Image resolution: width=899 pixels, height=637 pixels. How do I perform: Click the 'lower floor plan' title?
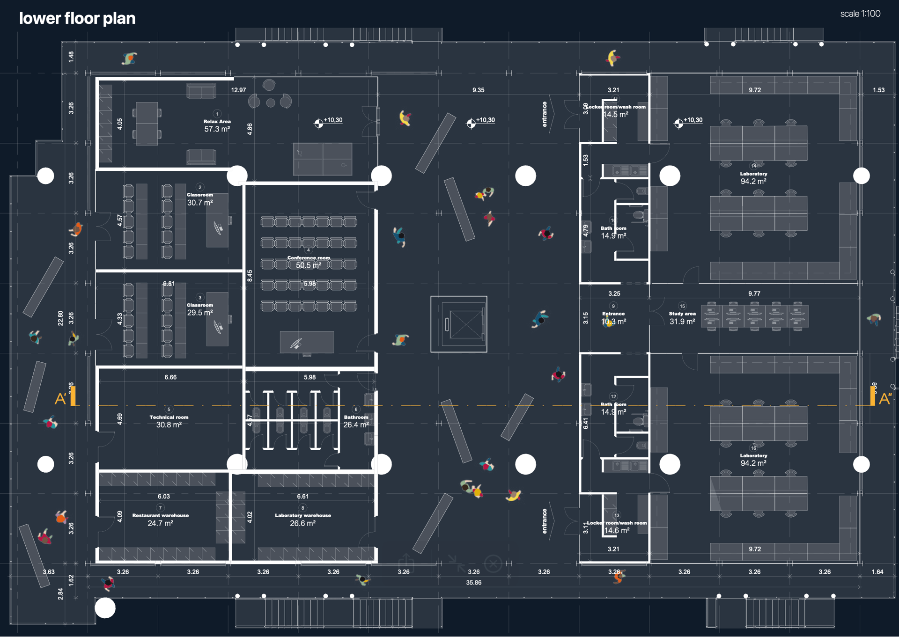77,18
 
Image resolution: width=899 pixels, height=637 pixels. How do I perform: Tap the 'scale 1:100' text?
860,14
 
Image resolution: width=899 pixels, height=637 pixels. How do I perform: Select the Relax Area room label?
217,125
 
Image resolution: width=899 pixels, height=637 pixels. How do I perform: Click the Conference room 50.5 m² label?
309,262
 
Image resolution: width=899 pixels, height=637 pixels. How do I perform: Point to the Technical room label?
169,421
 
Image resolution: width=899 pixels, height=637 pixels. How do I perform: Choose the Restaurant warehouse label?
160,519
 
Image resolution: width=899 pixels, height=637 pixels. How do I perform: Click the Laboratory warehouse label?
302,519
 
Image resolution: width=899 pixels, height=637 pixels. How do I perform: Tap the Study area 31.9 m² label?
682,318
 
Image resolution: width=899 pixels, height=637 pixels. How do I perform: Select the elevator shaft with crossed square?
459,324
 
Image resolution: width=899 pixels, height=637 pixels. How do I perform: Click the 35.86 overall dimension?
473,582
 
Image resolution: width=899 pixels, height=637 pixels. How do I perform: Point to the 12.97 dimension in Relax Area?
238,90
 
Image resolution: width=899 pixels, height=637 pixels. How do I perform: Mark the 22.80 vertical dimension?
60,318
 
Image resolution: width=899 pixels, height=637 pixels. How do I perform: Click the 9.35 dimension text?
478,90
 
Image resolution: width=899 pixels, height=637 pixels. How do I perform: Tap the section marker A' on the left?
60,399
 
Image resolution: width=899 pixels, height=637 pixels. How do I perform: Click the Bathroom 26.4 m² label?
356,421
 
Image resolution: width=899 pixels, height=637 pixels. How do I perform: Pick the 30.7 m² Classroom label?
200,199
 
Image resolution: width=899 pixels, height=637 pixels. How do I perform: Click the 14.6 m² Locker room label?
617,527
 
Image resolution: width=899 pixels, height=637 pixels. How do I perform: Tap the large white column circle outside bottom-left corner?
105,608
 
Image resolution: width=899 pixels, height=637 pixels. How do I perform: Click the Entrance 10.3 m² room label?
613,318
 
